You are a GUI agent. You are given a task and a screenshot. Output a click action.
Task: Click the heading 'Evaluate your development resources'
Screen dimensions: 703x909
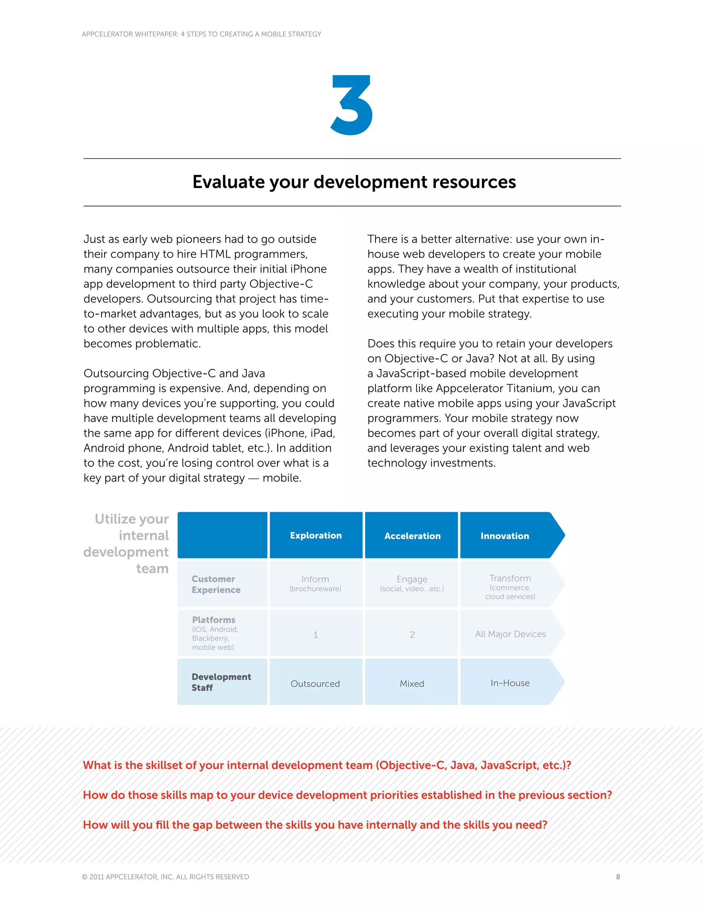tap(354, 182)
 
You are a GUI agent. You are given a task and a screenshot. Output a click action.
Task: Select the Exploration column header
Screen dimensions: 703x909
tap(316, 535)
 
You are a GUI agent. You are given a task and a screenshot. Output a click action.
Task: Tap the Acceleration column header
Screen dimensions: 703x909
tap(412, 536)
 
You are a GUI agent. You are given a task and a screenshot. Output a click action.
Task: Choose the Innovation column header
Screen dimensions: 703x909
tap(505, 536)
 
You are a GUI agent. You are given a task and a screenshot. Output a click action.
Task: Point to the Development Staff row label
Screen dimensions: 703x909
tap(221, 682)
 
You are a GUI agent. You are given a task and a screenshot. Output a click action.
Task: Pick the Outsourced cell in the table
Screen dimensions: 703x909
tap(315, 683)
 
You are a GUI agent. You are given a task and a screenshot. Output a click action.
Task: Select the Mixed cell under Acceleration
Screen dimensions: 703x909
tap(412, 683)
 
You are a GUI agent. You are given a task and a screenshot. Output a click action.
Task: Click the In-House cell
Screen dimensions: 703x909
tap(510, 683)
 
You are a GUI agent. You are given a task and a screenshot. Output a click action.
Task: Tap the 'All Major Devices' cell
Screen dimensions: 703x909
tap(510, 634)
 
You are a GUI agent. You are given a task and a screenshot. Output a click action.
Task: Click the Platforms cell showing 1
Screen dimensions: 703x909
tap(316, 634)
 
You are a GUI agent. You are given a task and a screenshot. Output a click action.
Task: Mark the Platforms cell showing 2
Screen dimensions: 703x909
tap(412, 634)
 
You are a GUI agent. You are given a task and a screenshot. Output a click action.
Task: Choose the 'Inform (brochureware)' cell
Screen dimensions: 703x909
tap(315, 583)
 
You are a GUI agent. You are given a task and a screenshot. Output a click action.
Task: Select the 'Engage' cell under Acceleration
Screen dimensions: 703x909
tap(412, 583)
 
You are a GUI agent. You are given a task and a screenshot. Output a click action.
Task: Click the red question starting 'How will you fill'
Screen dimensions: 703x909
tap(315, 825)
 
